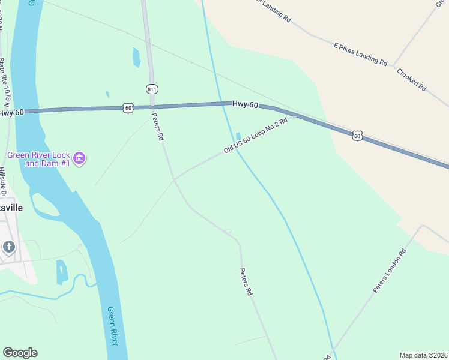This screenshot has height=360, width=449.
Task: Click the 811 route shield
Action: [152, 89]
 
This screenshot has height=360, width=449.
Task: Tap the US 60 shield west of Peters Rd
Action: [127, 107]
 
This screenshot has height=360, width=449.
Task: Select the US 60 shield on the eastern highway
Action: [357, 136]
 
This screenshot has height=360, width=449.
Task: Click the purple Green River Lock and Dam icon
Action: [80, 158]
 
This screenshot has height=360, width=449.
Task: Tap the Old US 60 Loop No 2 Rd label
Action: [256, 136]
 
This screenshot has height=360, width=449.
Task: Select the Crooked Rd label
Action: [411, 79]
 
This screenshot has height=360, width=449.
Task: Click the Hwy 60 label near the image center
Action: [245, 105]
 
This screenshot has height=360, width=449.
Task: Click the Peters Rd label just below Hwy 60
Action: [157, 127]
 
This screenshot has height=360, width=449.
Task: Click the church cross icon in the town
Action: [8, 247]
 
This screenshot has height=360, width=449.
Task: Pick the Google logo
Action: [20, 353]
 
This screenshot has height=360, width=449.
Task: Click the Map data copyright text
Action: [423, 355]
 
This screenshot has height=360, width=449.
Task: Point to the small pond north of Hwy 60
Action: [136, 58]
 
